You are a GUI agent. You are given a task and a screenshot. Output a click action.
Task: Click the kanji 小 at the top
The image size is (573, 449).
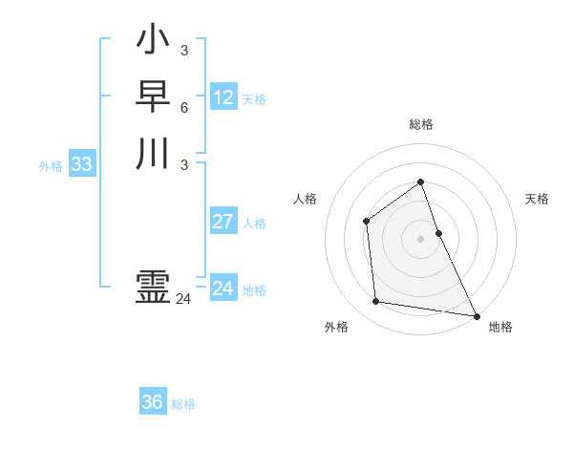click(x=153, y=41)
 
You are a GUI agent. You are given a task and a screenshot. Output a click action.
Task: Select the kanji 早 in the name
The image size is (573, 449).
click(x=153, y=97)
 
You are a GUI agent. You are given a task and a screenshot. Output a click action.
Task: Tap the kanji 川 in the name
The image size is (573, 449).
click(x=153, y=153)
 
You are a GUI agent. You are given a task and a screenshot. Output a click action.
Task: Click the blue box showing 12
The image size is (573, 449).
click(x=223, y=97)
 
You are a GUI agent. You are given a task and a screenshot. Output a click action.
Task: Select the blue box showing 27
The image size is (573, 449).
click(x=223, y=222)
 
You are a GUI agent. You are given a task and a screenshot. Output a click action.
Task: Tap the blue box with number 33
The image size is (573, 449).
click(x=82, y=164)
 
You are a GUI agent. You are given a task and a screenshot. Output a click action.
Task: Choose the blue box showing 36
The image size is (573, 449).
click(x=153, y=402)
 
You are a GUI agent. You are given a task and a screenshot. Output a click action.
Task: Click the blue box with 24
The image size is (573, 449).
click(x=223, y=289)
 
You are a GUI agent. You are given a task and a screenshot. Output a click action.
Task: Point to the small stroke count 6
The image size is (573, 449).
click(x=183, y=107)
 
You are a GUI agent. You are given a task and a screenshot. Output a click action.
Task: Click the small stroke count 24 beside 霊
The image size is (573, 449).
click(x=183, y=299)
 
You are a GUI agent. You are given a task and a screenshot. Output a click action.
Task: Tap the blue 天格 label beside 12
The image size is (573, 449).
click(x=254, y=99)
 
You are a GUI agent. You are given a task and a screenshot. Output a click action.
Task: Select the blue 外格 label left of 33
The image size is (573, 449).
click(x=51, y=166)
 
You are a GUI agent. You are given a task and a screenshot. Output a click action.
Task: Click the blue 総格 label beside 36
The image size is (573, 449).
click(x=183, y=404)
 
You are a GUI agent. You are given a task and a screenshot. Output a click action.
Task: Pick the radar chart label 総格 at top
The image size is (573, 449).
click(x=421, y=124)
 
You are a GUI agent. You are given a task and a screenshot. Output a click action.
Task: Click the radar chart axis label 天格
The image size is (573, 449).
click(x=538, y=199)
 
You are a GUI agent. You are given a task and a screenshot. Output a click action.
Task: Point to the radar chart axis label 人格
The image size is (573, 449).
click(x=305, y=199)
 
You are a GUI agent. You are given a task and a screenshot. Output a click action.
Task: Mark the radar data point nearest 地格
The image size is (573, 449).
click(x=476, y=314)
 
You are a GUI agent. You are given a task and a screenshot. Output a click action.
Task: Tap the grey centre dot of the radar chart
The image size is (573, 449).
click(x=421, y=238)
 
